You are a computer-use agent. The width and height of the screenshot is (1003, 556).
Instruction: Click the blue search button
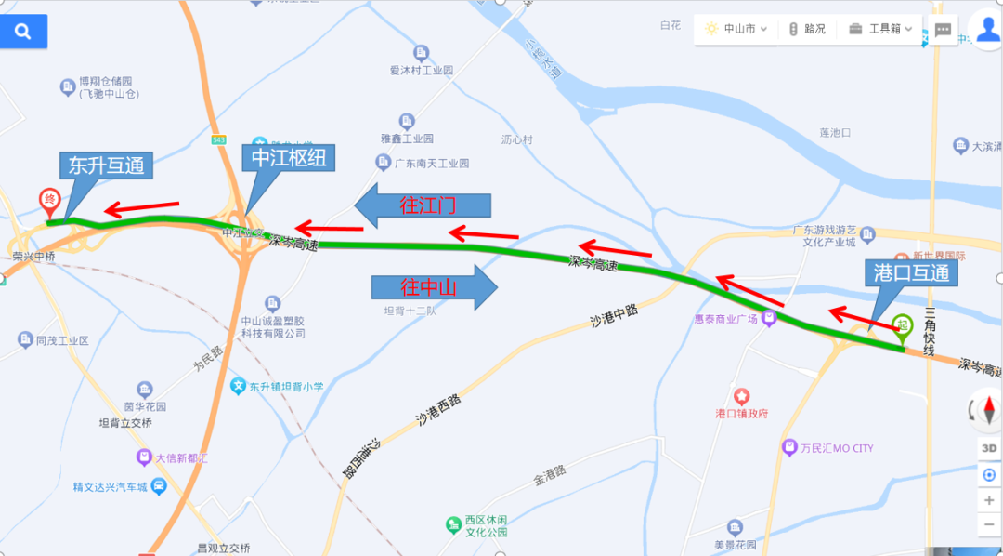[x=23, y=32]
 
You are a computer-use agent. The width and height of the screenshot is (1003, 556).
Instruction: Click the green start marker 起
[x=901, y=325]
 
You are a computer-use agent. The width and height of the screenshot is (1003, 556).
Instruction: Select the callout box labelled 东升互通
[x=106, y=166]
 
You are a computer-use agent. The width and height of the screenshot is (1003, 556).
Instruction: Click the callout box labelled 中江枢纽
[x=288, y=158]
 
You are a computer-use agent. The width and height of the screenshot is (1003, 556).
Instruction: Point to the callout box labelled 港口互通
[x=911, y=272]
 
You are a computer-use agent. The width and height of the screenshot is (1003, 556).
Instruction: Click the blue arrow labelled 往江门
[x=423, y=205]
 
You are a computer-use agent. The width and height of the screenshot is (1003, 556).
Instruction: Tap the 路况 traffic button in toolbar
[x=807, y=29]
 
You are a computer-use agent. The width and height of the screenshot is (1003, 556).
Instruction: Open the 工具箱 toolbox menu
[x=880, y=29]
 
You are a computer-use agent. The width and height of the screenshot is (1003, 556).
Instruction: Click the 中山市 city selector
[x=736, y=29]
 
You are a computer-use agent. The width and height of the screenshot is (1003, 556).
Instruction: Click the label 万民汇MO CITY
[x=830, y=448]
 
